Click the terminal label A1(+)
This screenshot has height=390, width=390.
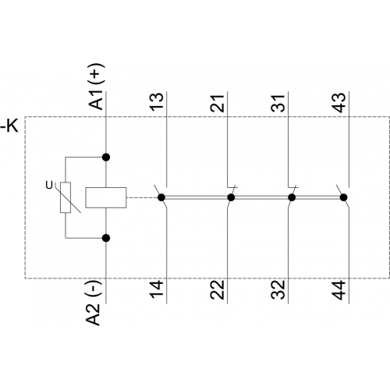coord(97,87)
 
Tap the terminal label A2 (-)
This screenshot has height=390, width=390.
coord(93,303)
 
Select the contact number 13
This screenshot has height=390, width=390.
coord(157,101)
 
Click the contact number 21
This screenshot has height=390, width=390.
coord(218,103)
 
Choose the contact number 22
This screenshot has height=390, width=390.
coord(218,290)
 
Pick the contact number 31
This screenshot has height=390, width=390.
coord(278,103)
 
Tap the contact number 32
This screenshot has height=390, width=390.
coord(278,290)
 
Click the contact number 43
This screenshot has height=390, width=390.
coord(340,102)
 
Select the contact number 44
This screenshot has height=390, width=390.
coord(339,290)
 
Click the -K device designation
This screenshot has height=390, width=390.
coord(9,126)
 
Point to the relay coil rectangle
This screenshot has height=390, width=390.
coord(106,197)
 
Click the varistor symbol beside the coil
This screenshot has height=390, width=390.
coord(66,197)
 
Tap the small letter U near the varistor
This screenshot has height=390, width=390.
coord(49,186)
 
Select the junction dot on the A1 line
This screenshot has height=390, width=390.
coord(106,158)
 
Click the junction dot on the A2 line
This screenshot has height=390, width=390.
coord(106,238)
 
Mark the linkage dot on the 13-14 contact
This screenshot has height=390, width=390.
coord(161,197)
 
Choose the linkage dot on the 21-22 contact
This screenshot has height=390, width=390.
coord(231,197)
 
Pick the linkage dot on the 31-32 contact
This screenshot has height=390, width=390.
coord(292,197)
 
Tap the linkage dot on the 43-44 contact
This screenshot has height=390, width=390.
coord(344,197)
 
